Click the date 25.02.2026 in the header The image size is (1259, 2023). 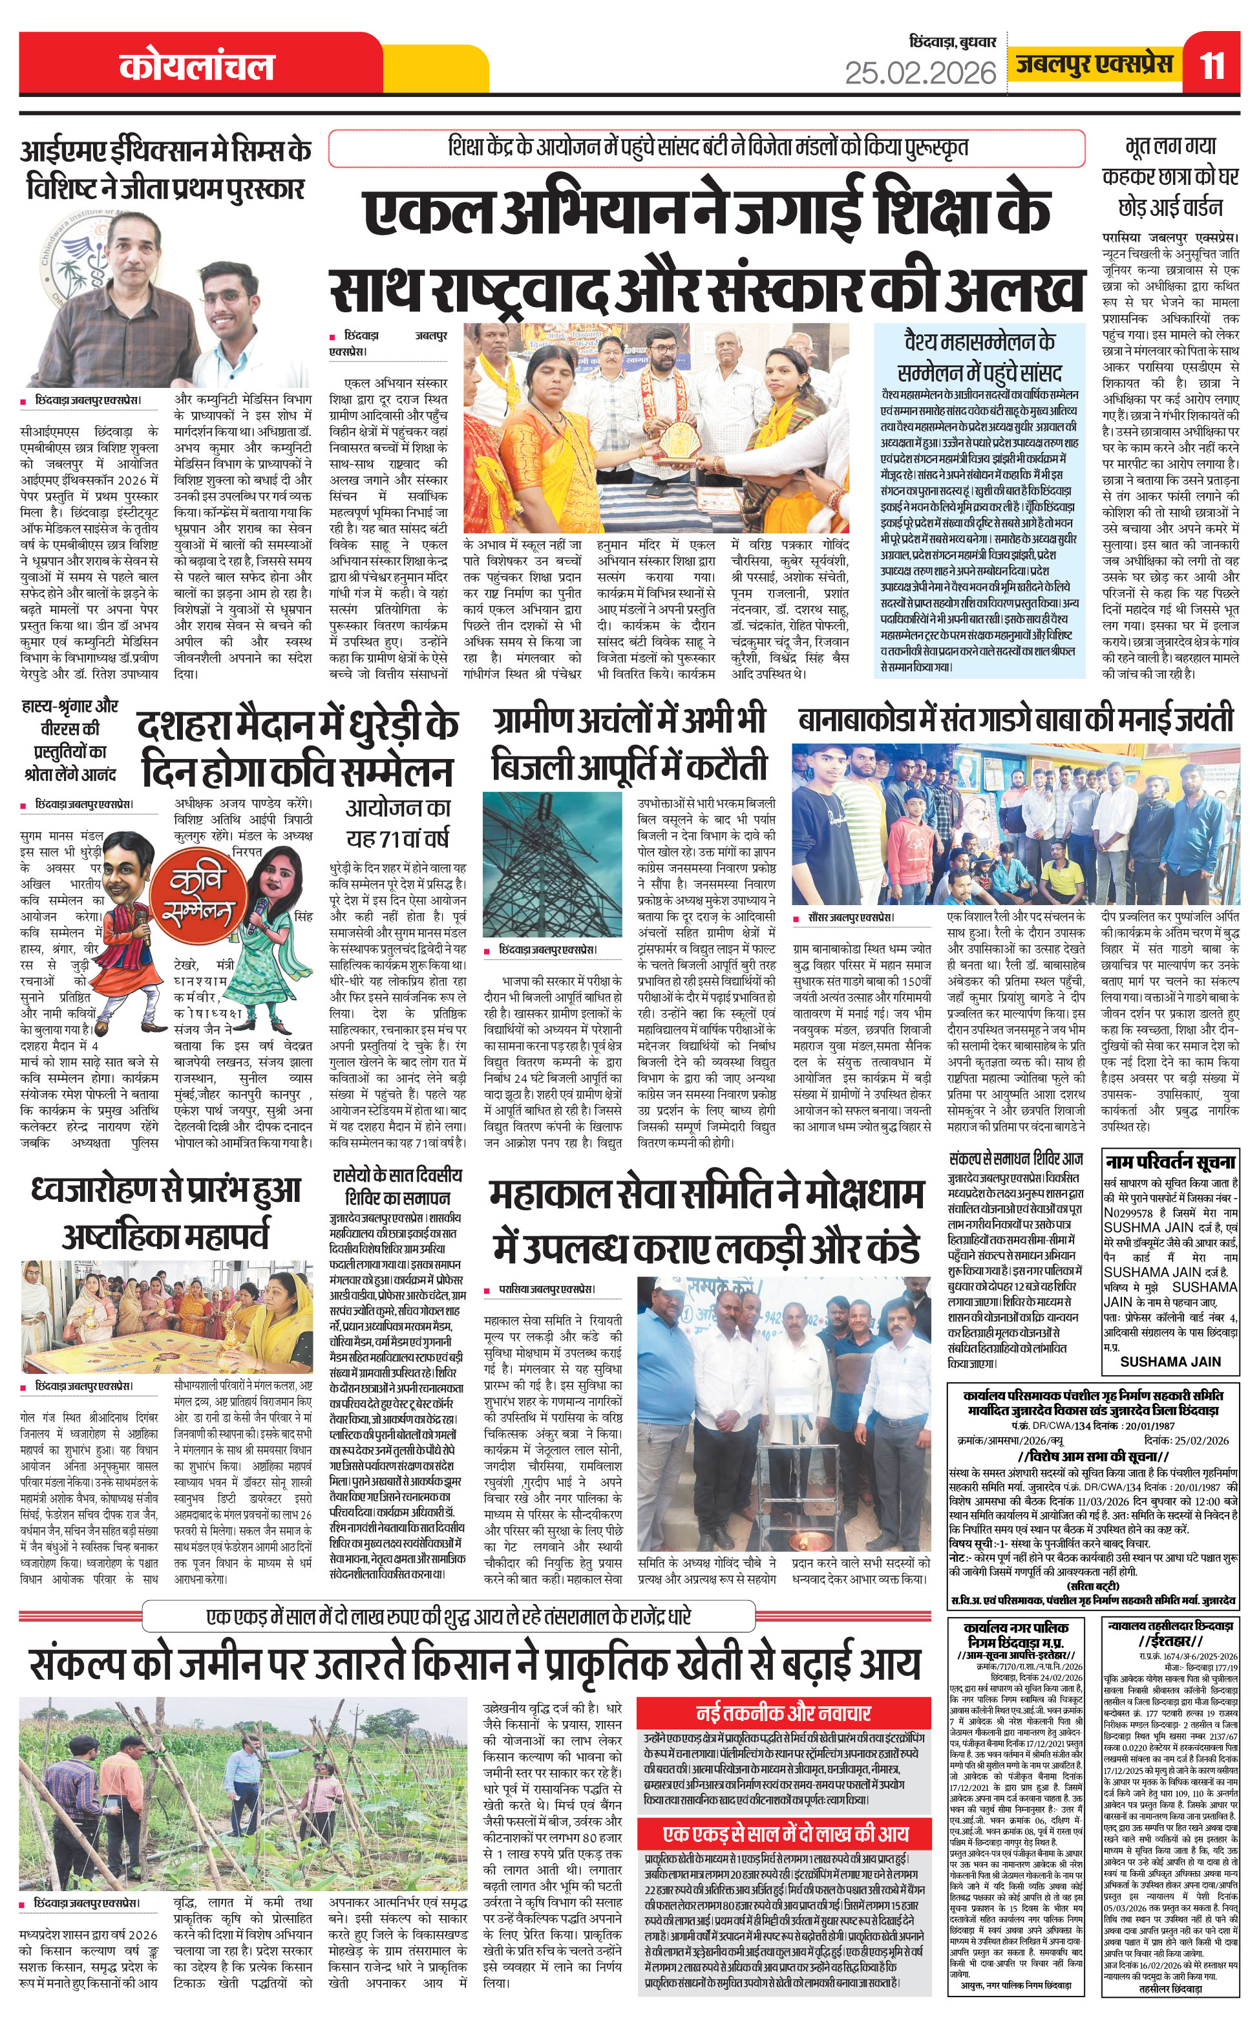coord(920,73)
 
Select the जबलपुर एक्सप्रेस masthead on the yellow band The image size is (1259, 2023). coord(1094,64)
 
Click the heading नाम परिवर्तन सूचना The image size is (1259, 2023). coord(1170,1162)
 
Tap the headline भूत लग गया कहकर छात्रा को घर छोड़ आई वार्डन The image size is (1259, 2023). coord(1170,176)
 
